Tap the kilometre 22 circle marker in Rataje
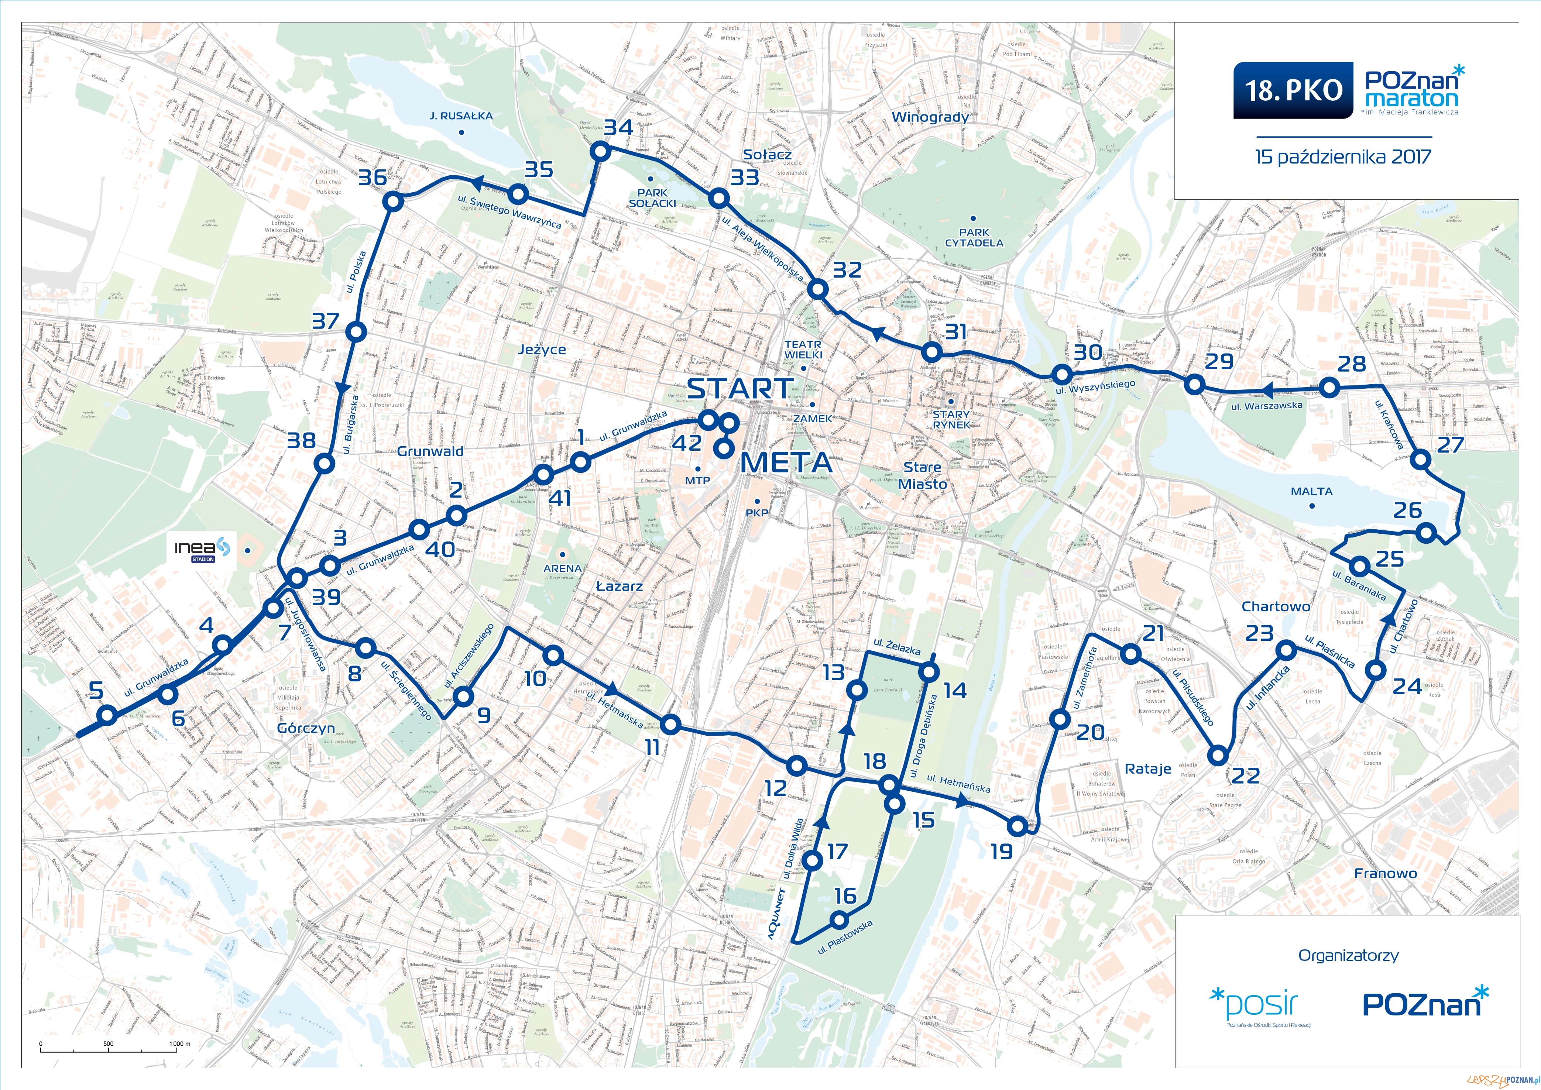coord(1218,756)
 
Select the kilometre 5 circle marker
coord(107,715)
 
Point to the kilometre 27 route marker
coord(1420,460)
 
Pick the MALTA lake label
coord(1311,491)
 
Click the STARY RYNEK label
coord(951,419)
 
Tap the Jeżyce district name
coord(542,350)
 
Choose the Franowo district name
coord(1385,873)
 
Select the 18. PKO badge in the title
coord(1293,90)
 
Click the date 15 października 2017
coord(1343,157)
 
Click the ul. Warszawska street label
coord(1266,405)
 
